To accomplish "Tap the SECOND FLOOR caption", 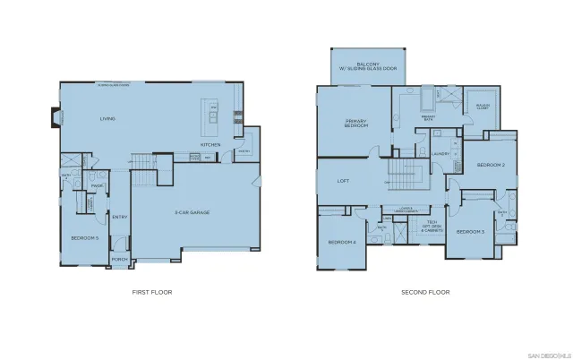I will [425, 292].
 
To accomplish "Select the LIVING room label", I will [107, 119].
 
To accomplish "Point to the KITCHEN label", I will [210, 144].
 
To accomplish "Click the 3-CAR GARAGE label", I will [192, 212].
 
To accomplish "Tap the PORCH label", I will [119, 261].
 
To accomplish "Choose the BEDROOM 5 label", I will [84, 238].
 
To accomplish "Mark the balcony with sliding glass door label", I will [369, 66].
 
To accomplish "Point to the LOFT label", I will [343, 181].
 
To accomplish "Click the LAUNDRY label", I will [440, 154].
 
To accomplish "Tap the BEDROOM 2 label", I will [491, 166].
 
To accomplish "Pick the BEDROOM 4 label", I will [341, 243].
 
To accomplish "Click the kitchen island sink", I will [213, 114].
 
